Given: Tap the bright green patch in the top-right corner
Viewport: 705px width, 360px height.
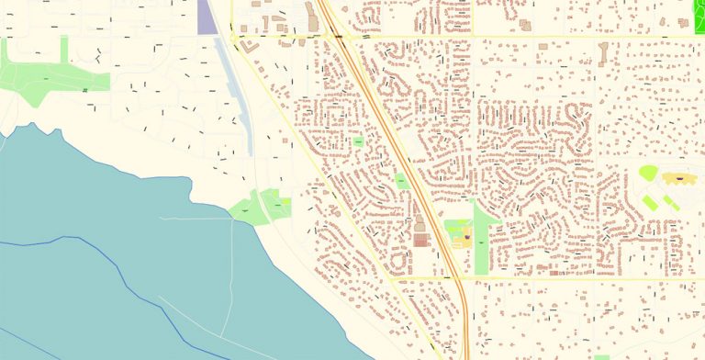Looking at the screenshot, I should (x=699, y=10).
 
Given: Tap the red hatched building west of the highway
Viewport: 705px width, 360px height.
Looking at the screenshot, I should (x=421, y=241).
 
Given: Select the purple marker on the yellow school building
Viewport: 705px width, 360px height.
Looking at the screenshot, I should (x=465, y=238).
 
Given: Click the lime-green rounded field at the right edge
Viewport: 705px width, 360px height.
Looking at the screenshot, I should (x=648, y=173).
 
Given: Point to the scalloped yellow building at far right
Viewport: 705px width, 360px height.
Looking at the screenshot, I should (x=678, y=177).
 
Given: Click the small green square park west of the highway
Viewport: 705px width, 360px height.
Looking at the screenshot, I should (x=357, y=143).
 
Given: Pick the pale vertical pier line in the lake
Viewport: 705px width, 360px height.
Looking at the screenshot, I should (x=232, y=276).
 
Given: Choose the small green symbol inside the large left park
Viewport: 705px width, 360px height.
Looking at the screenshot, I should (x=84, y=90).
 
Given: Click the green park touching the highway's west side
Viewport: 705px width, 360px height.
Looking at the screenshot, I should (x=401, y=182).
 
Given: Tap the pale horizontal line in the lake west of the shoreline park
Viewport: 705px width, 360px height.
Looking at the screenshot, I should (x=193, y=218).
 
